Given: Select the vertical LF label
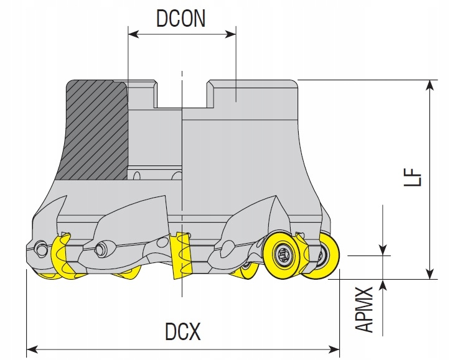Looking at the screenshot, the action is [x=415, y=178].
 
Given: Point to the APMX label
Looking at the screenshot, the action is [x=367, y=310].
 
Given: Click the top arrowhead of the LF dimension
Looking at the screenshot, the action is [x=429, y=85].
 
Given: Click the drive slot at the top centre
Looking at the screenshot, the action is [x=182, y=93].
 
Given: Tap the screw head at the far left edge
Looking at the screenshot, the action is [x=41, y=249].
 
